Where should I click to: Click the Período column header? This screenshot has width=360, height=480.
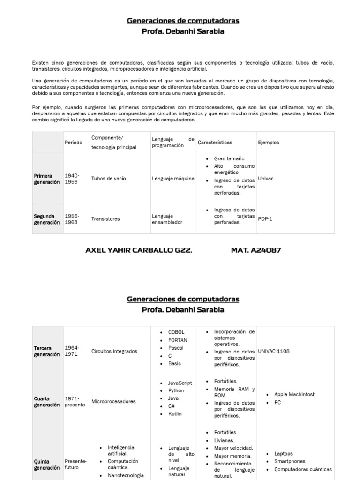[73, 142]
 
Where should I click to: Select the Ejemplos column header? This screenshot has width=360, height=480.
[268, 142]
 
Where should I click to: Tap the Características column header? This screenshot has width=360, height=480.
[215, 142]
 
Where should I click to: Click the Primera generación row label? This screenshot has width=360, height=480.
[47, 179]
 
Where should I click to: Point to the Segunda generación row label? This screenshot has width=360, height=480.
[47, 219]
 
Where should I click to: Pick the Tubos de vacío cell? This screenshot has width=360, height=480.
[108, 179]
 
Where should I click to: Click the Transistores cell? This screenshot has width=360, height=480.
[105, 219]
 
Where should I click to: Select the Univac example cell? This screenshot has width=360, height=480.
[265, 179]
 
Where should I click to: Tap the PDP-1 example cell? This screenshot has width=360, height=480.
[265, 219]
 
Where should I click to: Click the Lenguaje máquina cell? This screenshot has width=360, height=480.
[173, 179]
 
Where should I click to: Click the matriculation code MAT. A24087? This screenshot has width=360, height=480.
[256, 250]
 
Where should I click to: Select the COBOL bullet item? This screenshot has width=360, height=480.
[176, 332]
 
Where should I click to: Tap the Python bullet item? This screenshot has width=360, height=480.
[176, 391]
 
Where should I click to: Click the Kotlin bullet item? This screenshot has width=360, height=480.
[175, 414]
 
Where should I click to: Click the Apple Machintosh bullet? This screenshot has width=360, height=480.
[295, 395]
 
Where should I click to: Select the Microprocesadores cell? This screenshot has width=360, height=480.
[113, 402]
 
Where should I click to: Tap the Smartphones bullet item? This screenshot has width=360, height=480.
[290, 462]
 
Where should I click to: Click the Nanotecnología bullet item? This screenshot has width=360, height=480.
[126, 476]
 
